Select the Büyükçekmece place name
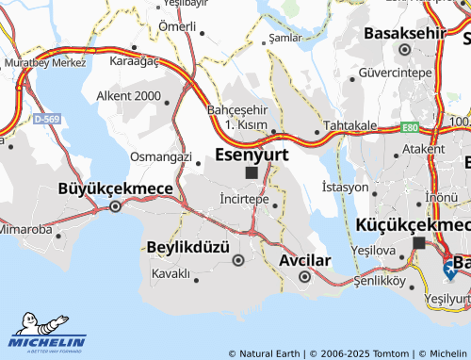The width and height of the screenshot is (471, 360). click(x=116, y=188)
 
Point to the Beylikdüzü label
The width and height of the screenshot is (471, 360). click(x=188, y=246)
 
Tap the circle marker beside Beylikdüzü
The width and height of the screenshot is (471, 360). click(x=238, y=260)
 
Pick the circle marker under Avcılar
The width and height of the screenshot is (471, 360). click(x=304, y=277)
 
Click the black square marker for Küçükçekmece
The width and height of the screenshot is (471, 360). click(x=418, y=243)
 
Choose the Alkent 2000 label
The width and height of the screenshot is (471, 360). click(x=128, y=96)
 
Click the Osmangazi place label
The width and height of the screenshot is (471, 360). click(x=160, y=156)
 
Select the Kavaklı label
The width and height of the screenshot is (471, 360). click(x=171, y=274)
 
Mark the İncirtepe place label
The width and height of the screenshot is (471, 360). click(x=237, y=201)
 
